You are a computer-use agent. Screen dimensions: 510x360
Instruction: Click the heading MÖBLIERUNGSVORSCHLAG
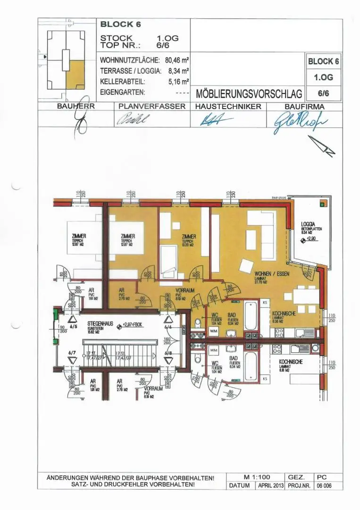pyautogui.click(x=249, y=93)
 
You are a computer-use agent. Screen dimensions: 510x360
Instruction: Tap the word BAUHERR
pyautogui.click(x=76, y=107)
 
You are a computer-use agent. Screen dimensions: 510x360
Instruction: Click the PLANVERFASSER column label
pyautogui.click(x=152, y=107)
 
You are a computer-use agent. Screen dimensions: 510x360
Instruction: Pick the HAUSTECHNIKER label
pyautogui.click(x=228, y=107)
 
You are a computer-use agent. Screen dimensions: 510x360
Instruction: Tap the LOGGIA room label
pyautogui.click(x=308, y=225)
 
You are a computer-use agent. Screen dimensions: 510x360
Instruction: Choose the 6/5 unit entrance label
pyautogui.click(x=73, y=326)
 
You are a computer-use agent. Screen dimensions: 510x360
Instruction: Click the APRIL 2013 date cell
pyautogui.click(x=270, y=485)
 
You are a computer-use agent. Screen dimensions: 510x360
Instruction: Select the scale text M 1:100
pyautogui.click(x=257, y=477)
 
